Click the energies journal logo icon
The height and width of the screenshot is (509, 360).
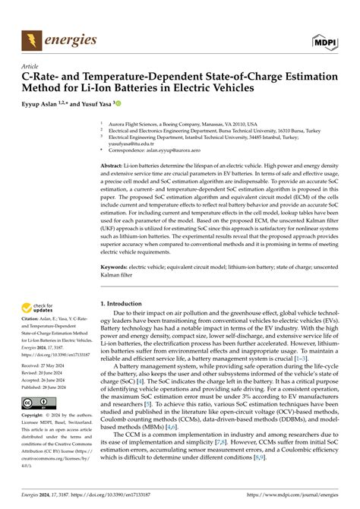click(33, 40)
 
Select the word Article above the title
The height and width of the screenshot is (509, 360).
click(33, 67)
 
